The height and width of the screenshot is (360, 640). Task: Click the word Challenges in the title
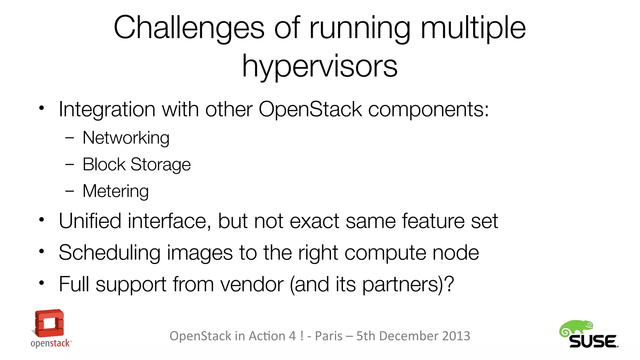coord(189,28)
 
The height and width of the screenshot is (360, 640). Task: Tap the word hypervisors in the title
coord(320,66)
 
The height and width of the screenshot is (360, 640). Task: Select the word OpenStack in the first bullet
coord(310,109)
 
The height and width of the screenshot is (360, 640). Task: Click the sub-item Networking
coord(126,138)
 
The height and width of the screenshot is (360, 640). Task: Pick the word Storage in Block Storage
coord(160,165)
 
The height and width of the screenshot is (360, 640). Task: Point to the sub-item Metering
coord(116,191)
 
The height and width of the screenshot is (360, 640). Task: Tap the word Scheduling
coord(109,252)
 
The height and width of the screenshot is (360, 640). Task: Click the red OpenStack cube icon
coord(49,323)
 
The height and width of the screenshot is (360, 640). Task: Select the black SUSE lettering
coord(593,342)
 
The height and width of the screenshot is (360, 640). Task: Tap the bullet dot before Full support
coord(42,283)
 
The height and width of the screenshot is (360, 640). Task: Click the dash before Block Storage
coord(69,164)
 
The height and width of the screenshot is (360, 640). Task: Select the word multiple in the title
coord(473,28)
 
